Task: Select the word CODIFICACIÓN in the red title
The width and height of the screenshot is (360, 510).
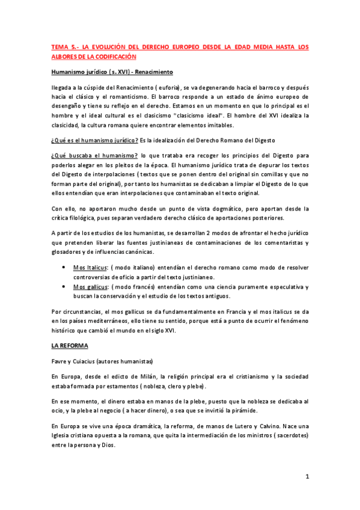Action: pyautogui.click(x=114, y=56)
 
